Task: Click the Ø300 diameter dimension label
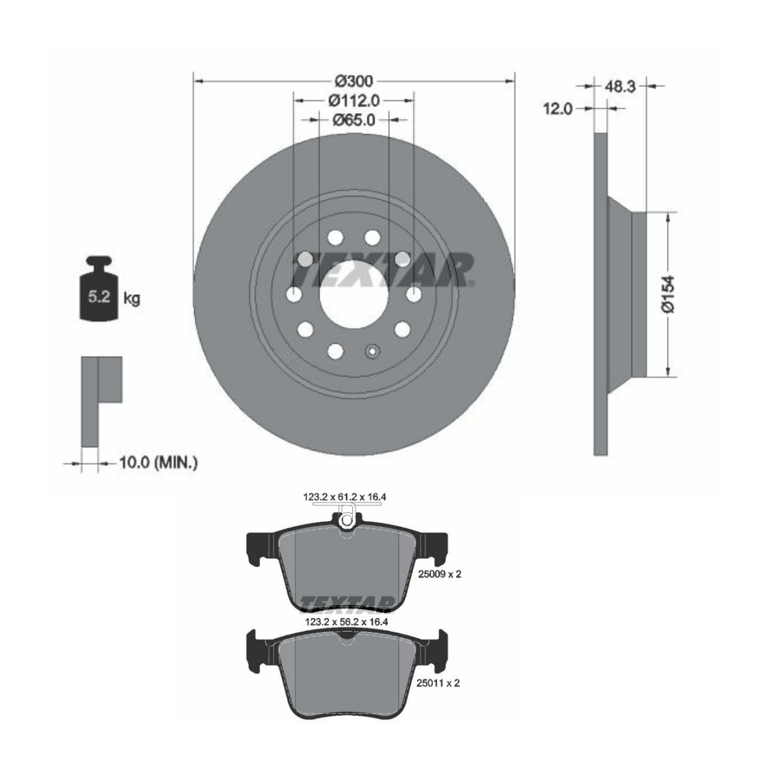coord(354,82)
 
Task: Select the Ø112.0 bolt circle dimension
coord(354,100)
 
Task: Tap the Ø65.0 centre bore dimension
coord(354,120)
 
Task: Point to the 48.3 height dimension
coord(621,86)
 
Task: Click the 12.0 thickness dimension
coord(558,109)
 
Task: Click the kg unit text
coord(132,298)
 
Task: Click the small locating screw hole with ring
coord(372,351)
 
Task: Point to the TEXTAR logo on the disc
coord(384,268)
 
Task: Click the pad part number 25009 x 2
coord(439,574)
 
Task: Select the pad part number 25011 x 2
coord(439,684)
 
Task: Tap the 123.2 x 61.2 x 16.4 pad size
coord(348,497)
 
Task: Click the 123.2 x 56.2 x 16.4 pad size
coord(348,622)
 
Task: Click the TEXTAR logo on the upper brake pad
coord(347,603)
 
